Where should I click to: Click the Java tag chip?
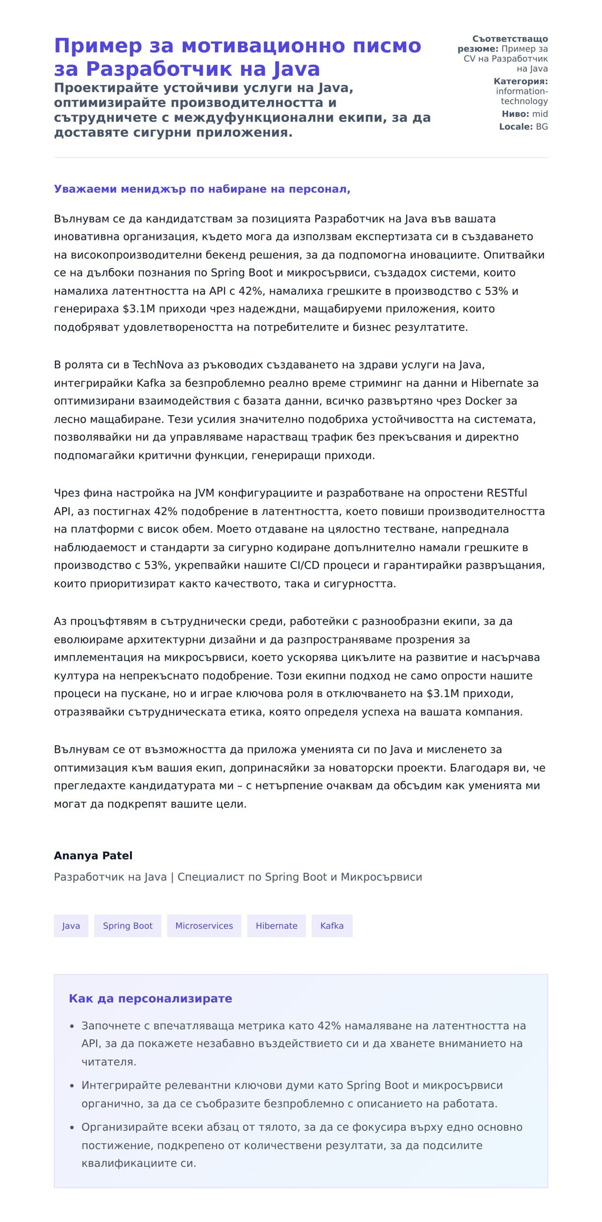tap(71, 925)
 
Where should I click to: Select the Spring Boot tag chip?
tap(127, 925)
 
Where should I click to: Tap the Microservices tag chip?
tap(204, 925)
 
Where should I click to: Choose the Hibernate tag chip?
tap(276, 925)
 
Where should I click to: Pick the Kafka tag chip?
tap(332, 925)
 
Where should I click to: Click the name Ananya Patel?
tap(93, 855)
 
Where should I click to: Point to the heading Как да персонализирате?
tap(150, 998)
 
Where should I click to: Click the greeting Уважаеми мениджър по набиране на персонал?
tap(202, 189)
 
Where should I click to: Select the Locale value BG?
tap(542, 126)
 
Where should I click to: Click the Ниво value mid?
tap(540, 114)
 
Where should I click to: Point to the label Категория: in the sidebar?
tap(520, 81)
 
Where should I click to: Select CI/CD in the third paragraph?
tap(304, 565)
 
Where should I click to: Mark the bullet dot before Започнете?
tap(72, 1026)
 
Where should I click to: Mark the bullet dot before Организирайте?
tap(72, 1128)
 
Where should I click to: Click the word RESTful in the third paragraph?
tap(507, 493)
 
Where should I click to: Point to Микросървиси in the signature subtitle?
tap(381, 877)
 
